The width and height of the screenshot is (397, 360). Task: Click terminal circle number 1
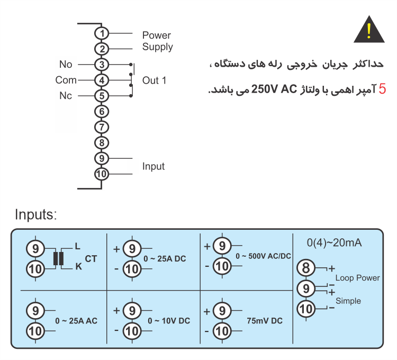102,33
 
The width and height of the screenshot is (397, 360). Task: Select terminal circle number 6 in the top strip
102,111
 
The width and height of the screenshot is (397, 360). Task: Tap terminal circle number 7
102,127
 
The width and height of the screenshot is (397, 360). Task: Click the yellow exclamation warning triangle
369,30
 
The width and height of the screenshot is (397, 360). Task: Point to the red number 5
382,89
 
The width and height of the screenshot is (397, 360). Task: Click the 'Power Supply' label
158,41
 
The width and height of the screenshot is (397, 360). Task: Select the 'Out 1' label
154,80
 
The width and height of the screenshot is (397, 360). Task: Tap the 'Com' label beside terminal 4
66,80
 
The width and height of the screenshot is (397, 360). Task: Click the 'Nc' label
66,96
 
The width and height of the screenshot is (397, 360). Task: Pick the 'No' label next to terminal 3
66,64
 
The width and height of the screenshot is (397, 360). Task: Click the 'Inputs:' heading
36,215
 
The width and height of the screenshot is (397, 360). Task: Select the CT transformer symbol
58,258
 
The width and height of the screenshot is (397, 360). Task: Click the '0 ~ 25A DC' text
165,259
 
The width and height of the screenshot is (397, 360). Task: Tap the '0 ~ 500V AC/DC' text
263,256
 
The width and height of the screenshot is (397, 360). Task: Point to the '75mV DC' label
265,321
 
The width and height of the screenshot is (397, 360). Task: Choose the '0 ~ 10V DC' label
169,321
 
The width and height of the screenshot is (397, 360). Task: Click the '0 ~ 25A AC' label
76,321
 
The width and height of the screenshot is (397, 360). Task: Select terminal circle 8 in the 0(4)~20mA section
306,268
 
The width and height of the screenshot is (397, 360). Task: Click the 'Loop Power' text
357,278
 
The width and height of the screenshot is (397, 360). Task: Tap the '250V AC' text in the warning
274,89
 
